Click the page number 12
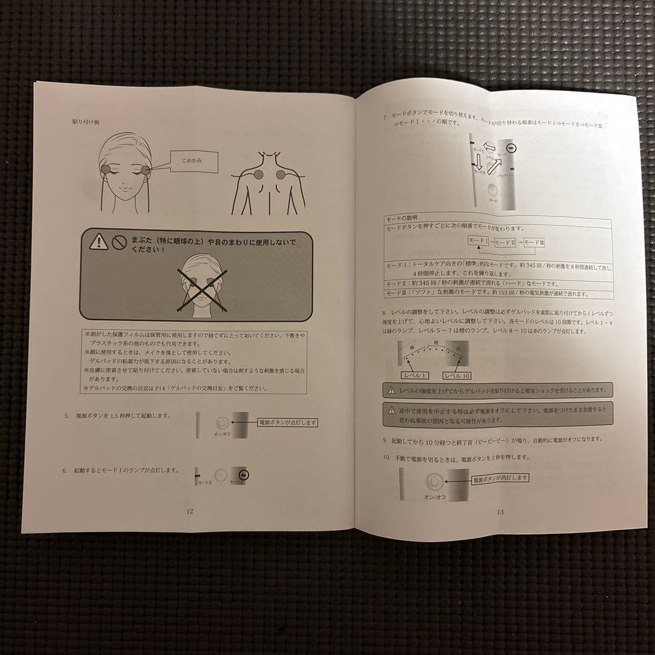(190, 511)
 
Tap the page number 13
(500, 512)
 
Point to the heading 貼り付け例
(85, 121)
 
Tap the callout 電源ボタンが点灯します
(287, 423)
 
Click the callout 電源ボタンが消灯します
(499, 478)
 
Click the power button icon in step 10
(434, 482)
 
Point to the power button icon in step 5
(223, 423)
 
